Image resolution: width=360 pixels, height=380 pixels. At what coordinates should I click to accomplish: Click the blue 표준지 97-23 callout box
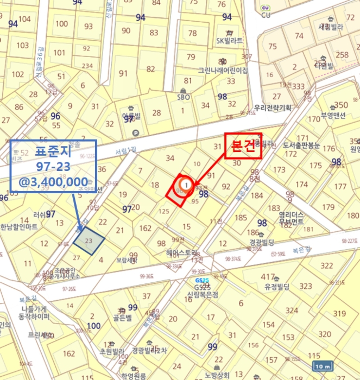[53, 166]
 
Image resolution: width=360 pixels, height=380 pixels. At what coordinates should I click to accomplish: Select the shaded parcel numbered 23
[88, 240]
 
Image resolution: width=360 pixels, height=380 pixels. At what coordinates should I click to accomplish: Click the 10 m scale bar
[323, 366]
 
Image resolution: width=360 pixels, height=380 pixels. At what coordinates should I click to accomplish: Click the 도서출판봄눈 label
[301, 146]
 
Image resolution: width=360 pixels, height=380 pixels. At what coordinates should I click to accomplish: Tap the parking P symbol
[135, 132]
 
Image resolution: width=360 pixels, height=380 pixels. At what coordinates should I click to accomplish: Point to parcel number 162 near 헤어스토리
[146, 229]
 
